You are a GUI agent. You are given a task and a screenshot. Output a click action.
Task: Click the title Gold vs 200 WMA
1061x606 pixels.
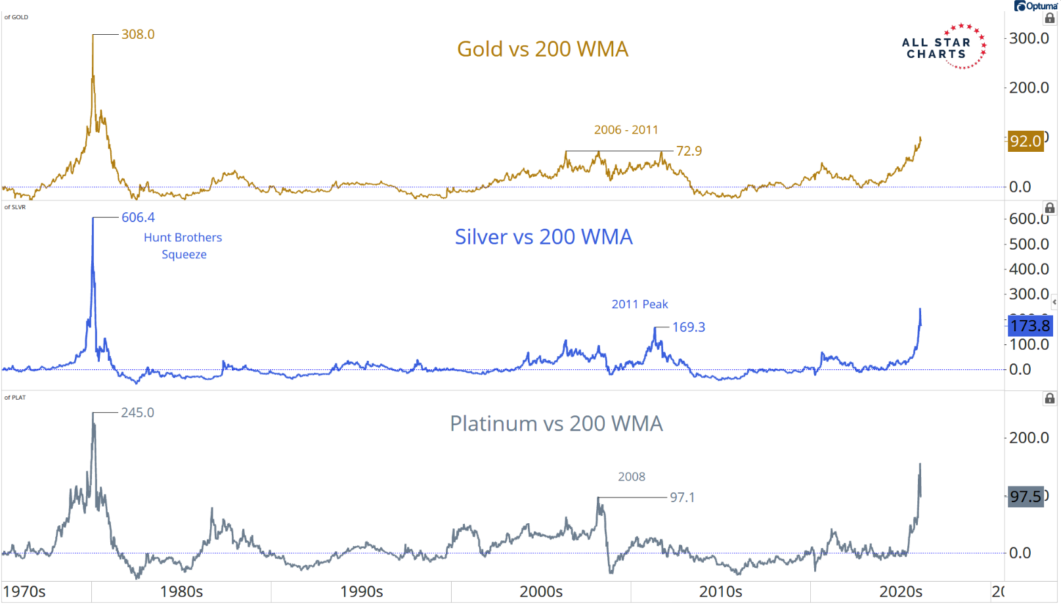(542, 49)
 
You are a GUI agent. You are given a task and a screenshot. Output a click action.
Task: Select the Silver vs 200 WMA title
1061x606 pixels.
(544, 237)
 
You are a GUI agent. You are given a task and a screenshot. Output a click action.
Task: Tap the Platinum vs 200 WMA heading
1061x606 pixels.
(556, 424)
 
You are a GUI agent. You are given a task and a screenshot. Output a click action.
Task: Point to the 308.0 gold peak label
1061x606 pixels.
(138, 34)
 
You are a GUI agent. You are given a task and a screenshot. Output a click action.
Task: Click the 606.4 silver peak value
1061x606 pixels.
(138, 218)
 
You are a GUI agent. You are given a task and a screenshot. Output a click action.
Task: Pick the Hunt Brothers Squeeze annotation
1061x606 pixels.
(183, 246)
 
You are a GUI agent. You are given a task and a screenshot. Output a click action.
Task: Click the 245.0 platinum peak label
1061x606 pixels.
(137, 413)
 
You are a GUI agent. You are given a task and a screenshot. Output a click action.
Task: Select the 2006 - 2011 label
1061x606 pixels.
(626, 130)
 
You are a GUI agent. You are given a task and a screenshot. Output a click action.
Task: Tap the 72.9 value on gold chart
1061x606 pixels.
(689, 151)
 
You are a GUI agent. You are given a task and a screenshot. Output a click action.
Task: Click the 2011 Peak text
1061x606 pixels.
(639, 304)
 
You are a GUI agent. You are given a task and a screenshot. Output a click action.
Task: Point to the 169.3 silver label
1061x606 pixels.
(688, 327)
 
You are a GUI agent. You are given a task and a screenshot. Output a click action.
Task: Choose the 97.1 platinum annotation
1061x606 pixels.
(682, 498)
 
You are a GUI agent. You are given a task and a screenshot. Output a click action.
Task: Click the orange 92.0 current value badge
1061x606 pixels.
(1026, 141)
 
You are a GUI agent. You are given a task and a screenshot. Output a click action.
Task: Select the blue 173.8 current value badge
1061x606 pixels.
(1029, 326)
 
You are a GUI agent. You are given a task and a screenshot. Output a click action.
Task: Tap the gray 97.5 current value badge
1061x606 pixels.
(1026, 496)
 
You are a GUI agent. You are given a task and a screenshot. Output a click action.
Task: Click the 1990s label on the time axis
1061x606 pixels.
(361, 592)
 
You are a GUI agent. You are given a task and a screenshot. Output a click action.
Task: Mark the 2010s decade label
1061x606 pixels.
(720, 592)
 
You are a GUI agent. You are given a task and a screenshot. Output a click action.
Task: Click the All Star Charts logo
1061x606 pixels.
(943, 47)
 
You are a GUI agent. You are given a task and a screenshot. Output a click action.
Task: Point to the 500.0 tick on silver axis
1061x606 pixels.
(1029, 245)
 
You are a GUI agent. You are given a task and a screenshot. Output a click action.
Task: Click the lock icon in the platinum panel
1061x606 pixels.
(1050, 398)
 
